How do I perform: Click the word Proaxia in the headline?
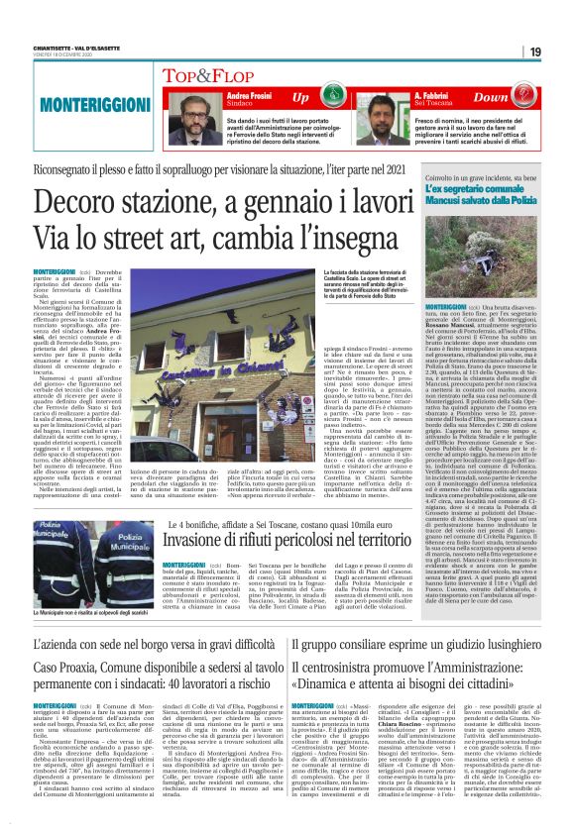(x=70, y=640)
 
